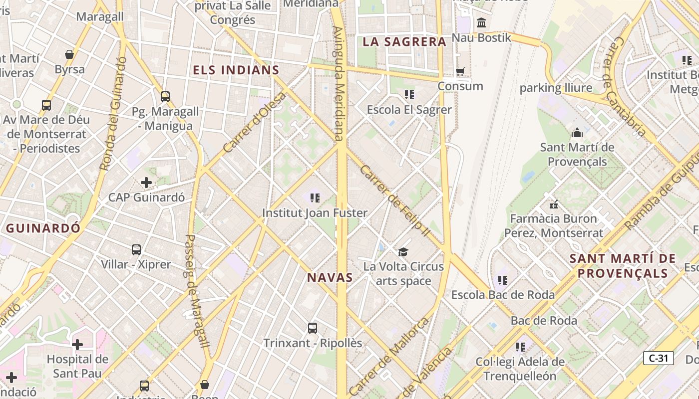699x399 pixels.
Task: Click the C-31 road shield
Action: click(x=658, y=358)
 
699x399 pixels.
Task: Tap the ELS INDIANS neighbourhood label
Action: click(x=236, y=70)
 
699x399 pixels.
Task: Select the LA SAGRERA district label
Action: click(x=404, y=42)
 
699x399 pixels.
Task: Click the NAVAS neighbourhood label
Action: click(x=330, y=278)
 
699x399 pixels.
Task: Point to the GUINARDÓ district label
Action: click(x=43, y=228)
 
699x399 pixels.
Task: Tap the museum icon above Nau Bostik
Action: click(x=481, y=23)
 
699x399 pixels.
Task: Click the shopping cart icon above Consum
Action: click(x=460, y=72)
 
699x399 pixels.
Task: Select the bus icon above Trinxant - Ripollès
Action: click(x=313, y=328)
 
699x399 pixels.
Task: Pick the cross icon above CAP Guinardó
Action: click(x=146, y=183)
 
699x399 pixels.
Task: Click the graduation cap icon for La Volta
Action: click(x=403, y=252)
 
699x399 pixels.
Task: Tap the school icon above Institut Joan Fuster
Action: click(x=315, y=199)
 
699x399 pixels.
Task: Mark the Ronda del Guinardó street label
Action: click(x=112, y=113)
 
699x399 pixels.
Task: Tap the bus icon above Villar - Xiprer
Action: click(x=136, y=250)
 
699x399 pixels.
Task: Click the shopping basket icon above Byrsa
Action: click(x=69, y=54)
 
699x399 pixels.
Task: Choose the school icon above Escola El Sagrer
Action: click(x=409, y=95)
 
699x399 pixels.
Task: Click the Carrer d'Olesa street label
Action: click(x=255, y=122)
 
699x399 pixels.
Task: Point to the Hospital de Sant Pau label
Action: click(x=77, y=366)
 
